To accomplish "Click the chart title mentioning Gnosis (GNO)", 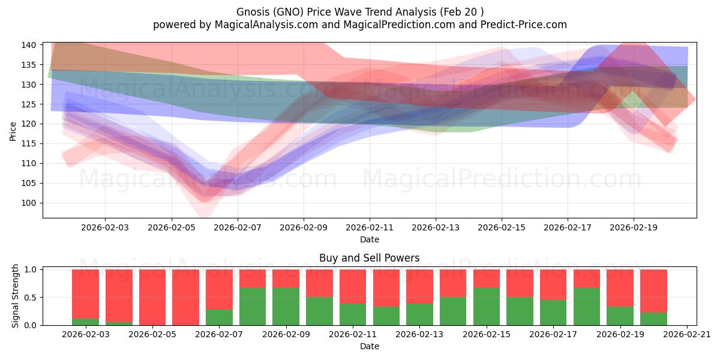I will [359, 11].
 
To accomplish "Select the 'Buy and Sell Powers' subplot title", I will [369, 259].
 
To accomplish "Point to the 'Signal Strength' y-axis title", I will [16, 296].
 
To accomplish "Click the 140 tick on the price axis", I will [31, 45].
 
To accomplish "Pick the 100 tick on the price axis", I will [31, 203].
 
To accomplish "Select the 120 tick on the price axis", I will [31, 124].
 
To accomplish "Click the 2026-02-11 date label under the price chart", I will [370, 228].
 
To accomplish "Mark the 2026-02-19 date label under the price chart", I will [634, 228].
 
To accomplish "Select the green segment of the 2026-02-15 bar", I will [487, 307].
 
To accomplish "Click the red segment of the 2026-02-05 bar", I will [152, 297].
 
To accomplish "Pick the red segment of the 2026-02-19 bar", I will [620, 288].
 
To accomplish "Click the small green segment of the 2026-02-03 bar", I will [85, 322].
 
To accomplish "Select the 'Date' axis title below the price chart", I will [369, 240].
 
